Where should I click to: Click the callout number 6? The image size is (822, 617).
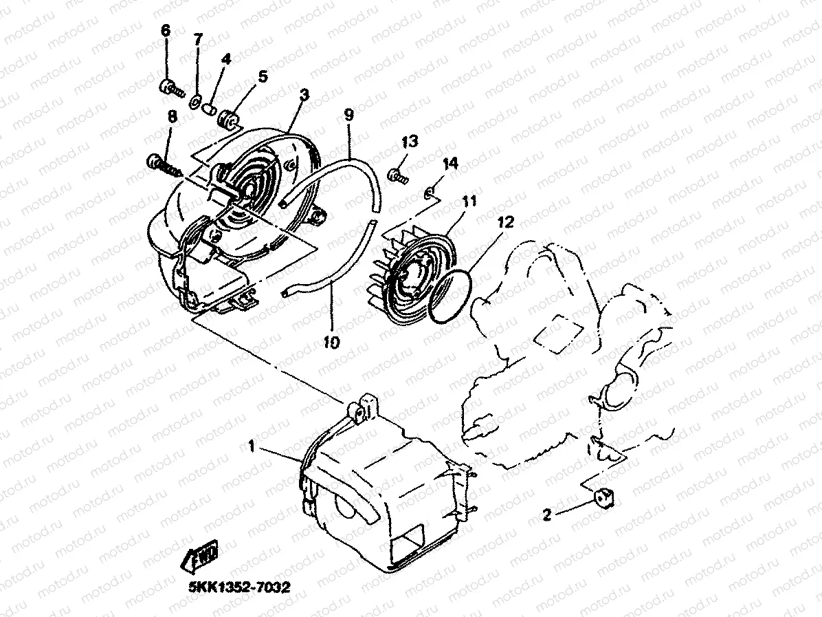(x=166, y=31)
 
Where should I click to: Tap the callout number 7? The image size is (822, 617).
(x=198, y=39)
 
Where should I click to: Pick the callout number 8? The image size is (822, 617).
(x=172, y=117)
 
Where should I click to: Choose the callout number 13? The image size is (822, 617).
(x=410, y=142)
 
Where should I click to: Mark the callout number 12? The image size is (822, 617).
(x=506, y=222)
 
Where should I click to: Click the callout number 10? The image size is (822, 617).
(x=332, y=342)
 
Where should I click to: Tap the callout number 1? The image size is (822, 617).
(x=252, y=447)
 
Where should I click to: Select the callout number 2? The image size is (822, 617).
(x=547, y=515)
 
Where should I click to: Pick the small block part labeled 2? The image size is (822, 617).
(x=603, y=497)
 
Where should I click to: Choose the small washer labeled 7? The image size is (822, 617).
(x=196, y=103)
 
